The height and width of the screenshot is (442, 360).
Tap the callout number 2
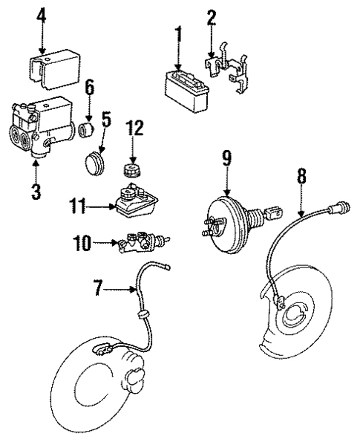212,16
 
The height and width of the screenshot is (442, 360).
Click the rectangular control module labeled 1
185,85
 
